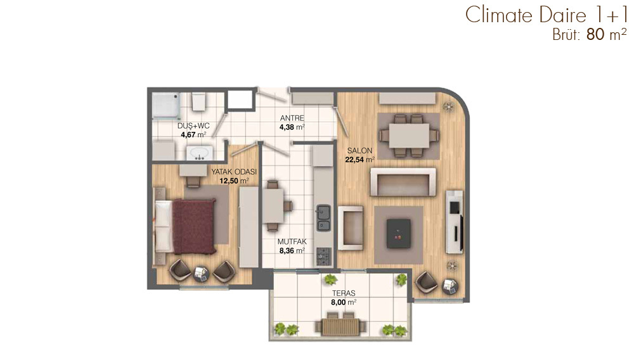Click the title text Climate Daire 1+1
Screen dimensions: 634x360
[x=546, y=15]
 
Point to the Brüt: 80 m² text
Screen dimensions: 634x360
[x=589, y=35]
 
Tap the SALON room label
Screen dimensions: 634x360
[x=359, y=151]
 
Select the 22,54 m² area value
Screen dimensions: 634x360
[x=359, y=160]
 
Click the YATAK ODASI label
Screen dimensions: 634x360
[x=234, y=172]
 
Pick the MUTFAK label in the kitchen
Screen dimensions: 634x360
[x=292, y=241]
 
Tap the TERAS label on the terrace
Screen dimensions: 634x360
[x=344, y=293]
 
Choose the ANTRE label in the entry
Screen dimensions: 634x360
[x=292, y=119]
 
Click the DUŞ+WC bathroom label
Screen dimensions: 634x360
[x=193, y=126]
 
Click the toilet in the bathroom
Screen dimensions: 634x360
[x=199, y=101]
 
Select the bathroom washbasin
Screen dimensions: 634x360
[x=199, y=153]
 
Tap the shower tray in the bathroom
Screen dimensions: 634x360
[x=165, y=105]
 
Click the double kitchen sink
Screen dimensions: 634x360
[x=323, y=218]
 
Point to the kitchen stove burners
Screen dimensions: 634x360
[x=323, y=255]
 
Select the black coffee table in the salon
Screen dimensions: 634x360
[x=399, y=233]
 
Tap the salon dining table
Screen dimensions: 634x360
[x=409, y=136]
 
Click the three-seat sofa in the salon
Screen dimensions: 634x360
[x=403, y=183]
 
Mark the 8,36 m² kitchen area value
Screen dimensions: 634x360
[x=292, y=250]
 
